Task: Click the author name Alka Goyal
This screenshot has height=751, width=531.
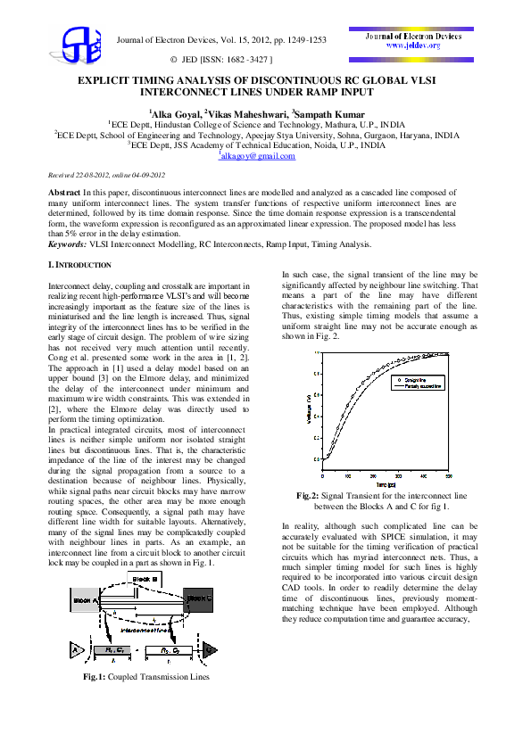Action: pos(175,114)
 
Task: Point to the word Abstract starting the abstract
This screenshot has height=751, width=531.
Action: pos(64,193)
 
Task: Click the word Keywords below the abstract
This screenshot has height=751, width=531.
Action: pos(67,243)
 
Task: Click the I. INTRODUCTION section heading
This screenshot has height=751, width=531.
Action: pos(79,266)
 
